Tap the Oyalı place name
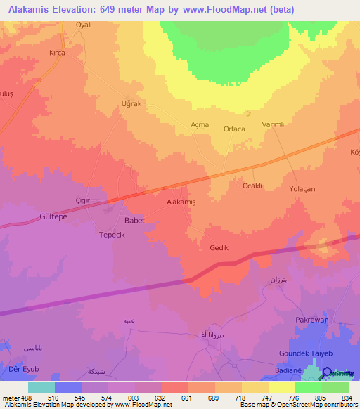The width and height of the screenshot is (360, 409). [84, 25]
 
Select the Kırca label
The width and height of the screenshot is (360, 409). [57, 53]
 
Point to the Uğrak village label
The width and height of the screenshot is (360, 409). [131, 103]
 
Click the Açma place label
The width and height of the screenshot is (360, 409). [200, 124]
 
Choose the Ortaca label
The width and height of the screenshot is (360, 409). [234, 129]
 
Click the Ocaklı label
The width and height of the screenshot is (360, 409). [252, 186]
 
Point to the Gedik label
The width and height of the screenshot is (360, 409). [219, 247]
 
